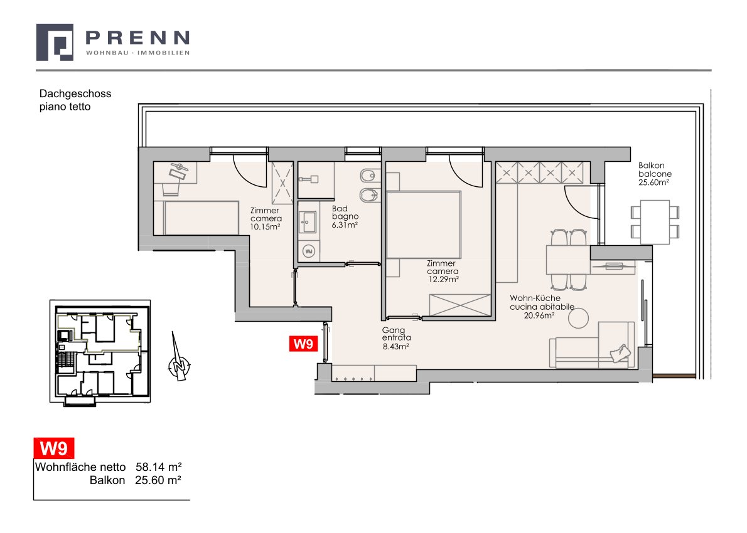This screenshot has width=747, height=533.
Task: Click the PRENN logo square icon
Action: (55, 43)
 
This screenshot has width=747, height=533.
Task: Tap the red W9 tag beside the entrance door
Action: (303, 344)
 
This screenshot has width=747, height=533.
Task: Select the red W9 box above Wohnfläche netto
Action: (54, 448)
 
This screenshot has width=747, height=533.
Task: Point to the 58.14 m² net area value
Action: (159, 467)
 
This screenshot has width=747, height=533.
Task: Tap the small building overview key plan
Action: (100, 351)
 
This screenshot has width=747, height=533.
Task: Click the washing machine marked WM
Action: (309, 251)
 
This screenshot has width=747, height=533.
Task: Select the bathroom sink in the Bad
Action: (308, 222)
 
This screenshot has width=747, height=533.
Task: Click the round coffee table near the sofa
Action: (578, 318)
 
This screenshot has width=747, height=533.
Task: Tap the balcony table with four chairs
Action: (655, 222)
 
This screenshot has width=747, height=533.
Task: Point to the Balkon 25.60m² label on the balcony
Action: (655, 174)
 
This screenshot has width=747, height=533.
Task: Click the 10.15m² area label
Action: (265, 227)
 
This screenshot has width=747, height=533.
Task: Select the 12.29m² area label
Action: (443, 279)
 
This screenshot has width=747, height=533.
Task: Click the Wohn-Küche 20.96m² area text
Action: (542, 307)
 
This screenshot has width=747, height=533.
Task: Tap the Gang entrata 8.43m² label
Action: (396, 339)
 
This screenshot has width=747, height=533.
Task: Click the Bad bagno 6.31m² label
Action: (345, 216)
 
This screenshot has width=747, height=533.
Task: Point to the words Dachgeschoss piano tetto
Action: (75, 100)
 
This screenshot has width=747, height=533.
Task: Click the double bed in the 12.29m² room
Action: (424, 224)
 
